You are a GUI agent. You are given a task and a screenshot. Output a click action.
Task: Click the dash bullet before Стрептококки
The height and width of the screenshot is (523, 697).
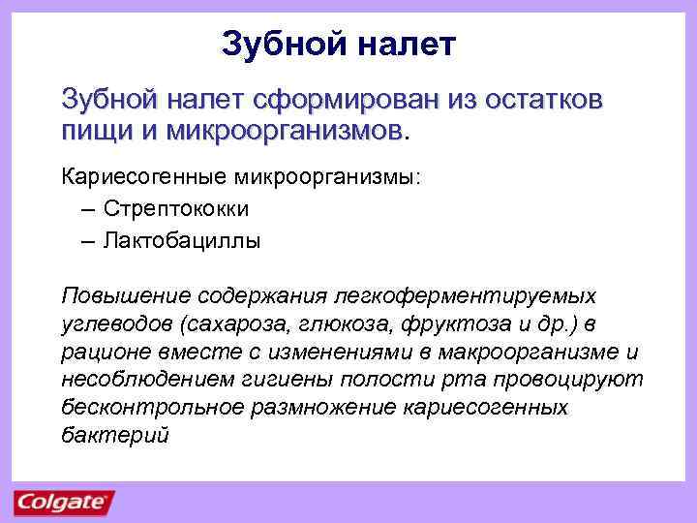click(89, 209)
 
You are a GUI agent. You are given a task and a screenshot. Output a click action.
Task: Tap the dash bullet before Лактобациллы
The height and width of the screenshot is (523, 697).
click(89, 240)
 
